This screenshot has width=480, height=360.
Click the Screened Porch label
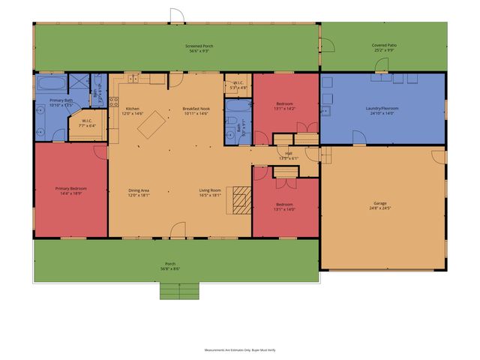(199, 46)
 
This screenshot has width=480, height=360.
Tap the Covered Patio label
(384, 46)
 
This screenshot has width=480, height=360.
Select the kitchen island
(149, 121)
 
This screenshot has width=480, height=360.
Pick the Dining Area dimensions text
(139, 195)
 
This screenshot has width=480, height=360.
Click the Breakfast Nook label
(196, 109)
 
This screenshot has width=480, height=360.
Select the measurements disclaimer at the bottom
(239, 349)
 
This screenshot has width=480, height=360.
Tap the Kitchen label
(132, 109)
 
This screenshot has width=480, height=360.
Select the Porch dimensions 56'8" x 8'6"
(171, 268)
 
